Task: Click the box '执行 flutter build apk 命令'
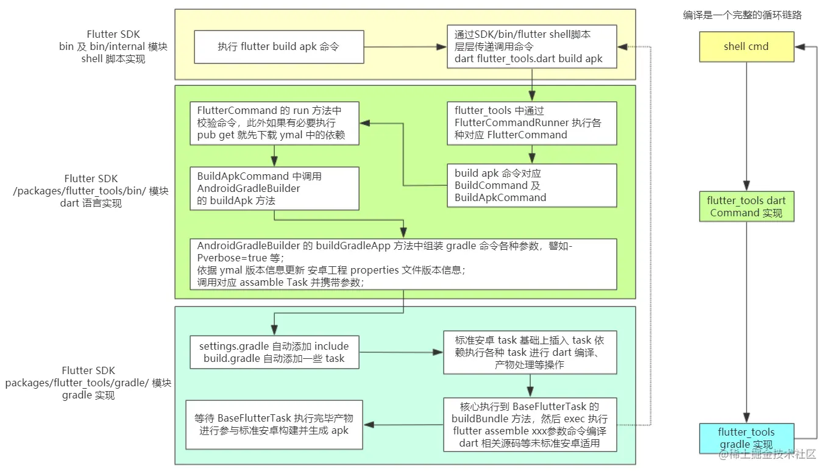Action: click(278, 47)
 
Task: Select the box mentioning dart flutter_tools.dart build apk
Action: click(531, 46)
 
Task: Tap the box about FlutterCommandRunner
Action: click(531, 122)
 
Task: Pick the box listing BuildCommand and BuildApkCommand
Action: click(531, 185)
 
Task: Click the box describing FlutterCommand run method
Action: click(274, 122)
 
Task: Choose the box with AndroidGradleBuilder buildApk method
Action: click(274, 188)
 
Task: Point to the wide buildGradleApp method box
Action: click(403, 264)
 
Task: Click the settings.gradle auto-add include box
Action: click(274, 352)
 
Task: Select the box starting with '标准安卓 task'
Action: click(530, 352)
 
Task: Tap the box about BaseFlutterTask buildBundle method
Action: click(530, 425)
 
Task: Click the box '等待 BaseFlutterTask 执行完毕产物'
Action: click(274, 425)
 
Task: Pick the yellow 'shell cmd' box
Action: click(746, 47)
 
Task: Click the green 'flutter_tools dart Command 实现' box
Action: click(746, 207)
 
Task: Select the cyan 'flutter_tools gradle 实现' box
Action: click(746, 438)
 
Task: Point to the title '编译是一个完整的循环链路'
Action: click(742, 15)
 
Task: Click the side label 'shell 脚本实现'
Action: click(113, 59)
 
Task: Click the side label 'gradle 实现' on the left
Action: click(88, 395)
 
